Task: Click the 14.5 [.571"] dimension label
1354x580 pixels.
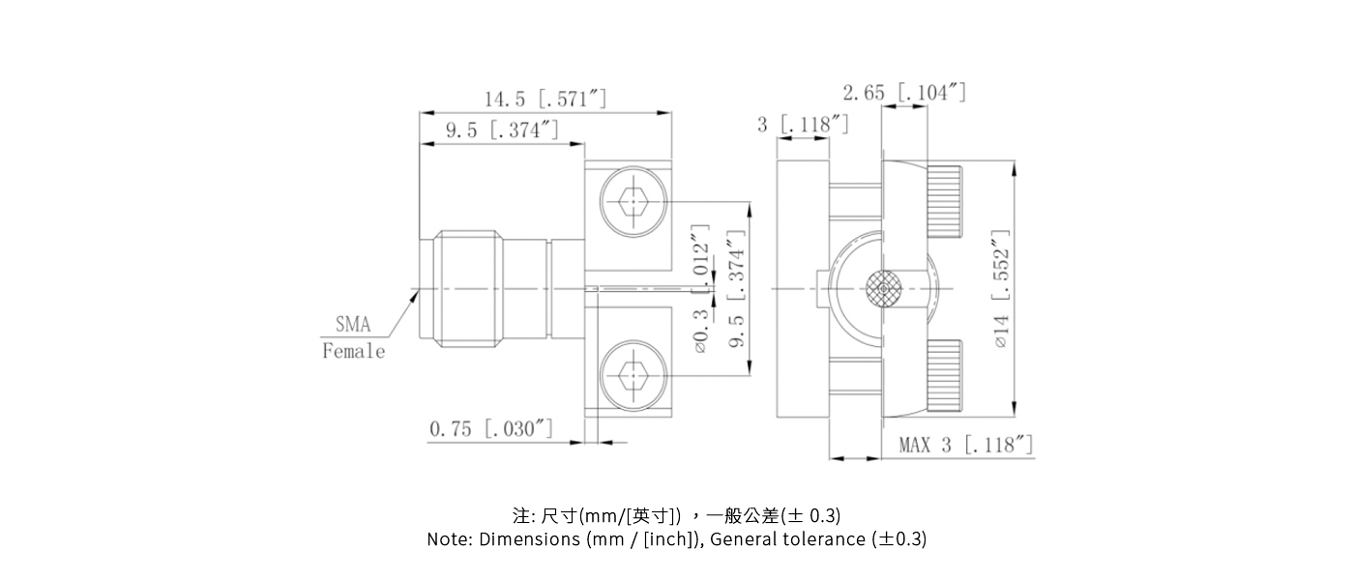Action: pos(545,99)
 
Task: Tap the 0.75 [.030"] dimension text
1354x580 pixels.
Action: pos(490,428)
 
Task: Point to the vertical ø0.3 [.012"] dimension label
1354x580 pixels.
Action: pos(701,289)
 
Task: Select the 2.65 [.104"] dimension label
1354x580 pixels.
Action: pos(903,93)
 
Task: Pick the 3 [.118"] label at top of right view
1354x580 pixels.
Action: pos(803,125)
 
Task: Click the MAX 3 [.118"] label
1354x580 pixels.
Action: pos(965,445)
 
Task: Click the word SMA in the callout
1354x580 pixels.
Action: pos(353,325)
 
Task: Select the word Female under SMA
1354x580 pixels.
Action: pos(353,351)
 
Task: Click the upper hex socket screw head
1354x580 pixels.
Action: pos(630,202)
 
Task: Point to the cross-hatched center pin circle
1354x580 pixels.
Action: pos(883,289)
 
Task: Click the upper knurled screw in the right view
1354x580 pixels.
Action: pos(945,202)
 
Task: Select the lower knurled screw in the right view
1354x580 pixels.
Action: pos(945,375)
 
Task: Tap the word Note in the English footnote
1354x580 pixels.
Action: pos(449,539)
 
